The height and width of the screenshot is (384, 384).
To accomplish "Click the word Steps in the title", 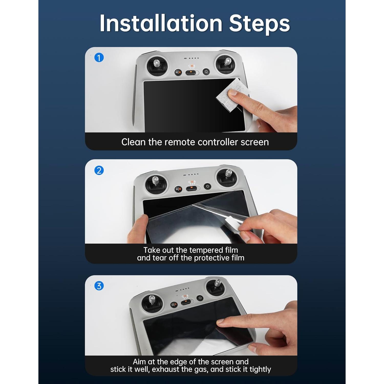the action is pos(259,24).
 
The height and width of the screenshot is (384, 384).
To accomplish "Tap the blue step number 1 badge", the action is pos(99,58).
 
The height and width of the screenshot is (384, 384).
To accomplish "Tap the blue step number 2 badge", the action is pos(99,170).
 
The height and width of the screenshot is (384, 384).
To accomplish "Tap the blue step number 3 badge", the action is pos(99,286).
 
